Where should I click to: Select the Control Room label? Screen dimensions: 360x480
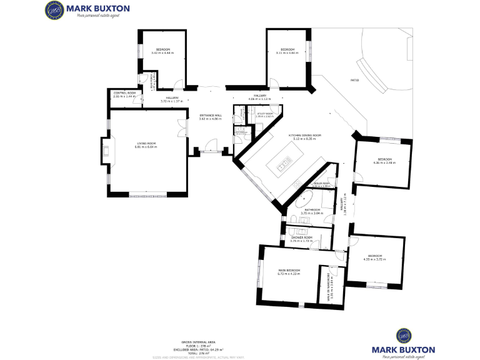coord(124,93)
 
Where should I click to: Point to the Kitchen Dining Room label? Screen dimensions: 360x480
coord(304,135)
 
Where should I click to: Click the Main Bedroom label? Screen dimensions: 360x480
coord(289,271)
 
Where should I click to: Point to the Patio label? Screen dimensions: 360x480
coord(354,81)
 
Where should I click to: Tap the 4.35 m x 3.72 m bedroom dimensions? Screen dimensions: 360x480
coord(375,259)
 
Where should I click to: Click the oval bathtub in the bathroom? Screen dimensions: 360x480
coord(307,201)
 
